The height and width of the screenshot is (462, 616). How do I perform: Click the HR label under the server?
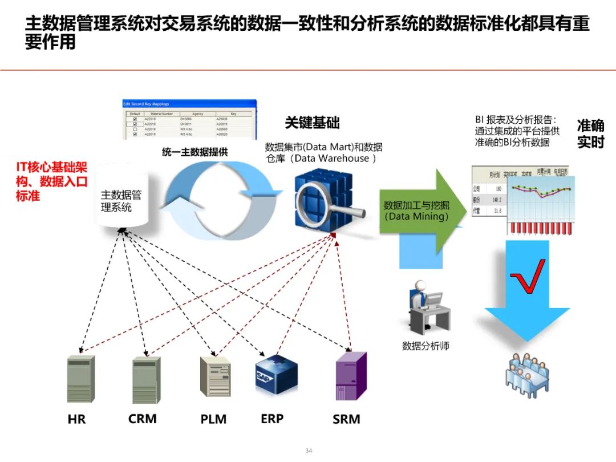[76, 419]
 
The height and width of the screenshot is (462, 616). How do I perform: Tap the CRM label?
[142, 419]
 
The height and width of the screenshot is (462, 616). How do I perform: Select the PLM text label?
[213, 419]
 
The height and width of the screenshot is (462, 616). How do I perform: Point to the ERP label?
[272, 418]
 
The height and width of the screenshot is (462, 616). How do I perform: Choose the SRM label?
[346, 419]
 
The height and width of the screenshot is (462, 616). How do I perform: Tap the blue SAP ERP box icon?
[277, 374]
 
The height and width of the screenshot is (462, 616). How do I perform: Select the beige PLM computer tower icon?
[216, 376]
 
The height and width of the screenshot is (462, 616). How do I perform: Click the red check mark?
[527, 277]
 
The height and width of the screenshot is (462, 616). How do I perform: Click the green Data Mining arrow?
[419, 211]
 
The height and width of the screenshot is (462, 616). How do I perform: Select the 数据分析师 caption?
[425, 346]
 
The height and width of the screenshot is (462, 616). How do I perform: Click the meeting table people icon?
[527, 374]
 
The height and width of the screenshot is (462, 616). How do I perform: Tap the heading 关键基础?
[312, 123]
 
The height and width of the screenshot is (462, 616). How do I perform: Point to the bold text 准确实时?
[590, 133]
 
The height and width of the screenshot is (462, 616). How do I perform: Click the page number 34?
[309, 451]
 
